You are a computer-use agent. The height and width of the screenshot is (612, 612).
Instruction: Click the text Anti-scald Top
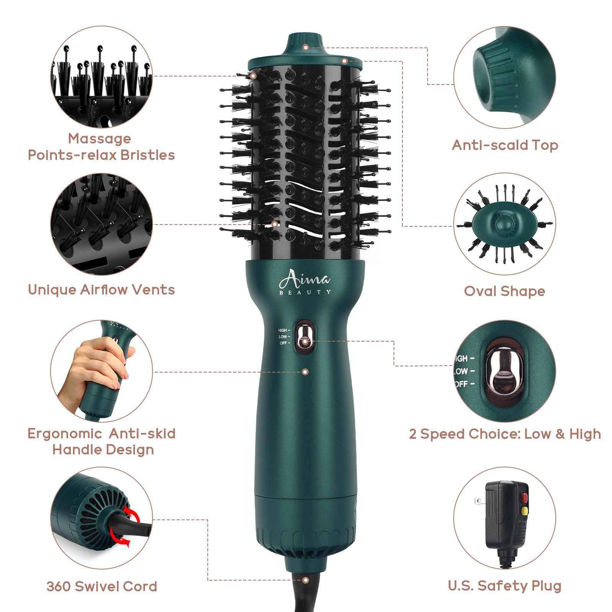(505, 145)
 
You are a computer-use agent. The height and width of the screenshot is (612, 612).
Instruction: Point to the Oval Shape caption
(504, 291)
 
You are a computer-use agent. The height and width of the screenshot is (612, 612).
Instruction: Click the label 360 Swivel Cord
(102, 586)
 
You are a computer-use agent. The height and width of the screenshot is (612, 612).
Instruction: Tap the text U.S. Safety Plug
(505, 585)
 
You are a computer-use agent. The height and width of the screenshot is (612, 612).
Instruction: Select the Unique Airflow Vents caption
(101, 290)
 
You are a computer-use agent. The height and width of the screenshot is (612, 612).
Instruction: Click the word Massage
(99, 138)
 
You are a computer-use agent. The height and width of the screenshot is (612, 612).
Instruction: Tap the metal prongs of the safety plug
(479, 501)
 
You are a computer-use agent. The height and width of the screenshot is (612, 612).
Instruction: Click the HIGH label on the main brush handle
(283, 330)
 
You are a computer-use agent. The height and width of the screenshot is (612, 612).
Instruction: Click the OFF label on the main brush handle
(283, 343)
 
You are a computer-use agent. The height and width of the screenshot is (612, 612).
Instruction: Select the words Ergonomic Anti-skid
(102, 433)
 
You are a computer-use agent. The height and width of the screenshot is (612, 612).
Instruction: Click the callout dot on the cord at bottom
(305, 591)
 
